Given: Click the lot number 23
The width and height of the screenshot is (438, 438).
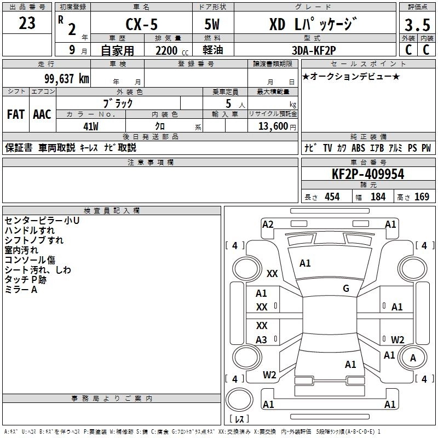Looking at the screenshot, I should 27,24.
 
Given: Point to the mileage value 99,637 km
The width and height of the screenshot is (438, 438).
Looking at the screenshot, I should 66,79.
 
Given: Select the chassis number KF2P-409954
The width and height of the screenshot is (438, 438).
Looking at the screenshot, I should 368,175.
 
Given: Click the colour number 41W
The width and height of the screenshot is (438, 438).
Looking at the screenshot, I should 91,126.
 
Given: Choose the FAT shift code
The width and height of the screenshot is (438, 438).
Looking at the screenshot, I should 16,114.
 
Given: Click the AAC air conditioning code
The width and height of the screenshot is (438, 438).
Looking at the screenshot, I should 42,114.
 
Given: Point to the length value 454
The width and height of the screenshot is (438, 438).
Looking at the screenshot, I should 332,197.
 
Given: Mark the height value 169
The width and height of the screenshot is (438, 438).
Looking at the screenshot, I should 422,197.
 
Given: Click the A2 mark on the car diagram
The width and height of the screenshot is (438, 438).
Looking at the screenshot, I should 268,224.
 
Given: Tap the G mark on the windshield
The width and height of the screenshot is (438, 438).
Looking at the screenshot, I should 346,289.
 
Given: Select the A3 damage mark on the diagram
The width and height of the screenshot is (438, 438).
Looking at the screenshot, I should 262,340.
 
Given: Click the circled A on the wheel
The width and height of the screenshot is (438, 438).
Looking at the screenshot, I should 413,358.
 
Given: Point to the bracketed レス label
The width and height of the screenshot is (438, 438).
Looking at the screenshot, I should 239,420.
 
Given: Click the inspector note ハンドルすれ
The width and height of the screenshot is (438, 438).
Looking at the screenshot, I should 30,230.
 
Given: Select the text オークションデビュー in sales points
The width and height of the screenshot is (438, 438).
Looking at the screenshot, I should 351,76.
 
